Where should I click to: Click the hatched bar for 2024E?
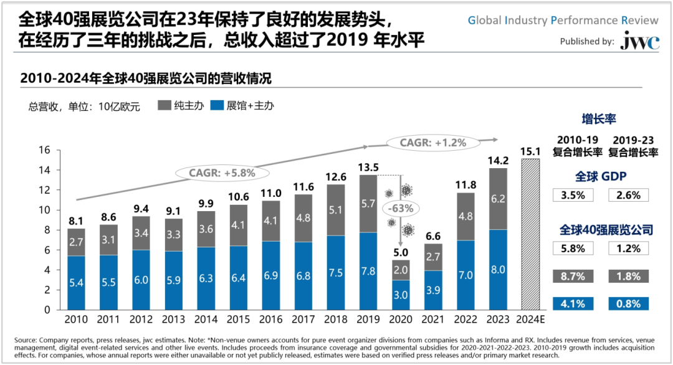pyautogui.click(x=530, y=234)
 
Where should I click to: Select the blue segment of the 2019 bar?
pyautogui.click(x=368, y=271)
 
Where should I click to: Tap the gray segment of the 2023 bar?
pyautogui.click(x=498, y=199)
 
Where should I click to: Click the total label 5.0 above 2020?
pyautogui.click(x=400, y=252)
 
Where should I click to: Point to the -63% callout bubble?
pyautogui.click(x=401, y=207)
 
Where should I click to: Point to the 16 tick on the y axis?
pyautogui.click(x=45, y=150)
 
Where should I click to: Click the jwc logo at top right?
pyautogui.click(x=639, y=42)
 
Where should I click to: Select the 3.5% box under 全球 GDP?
pyautogui.click(x=573, y=195)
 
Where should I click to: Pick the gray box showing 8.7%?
pyautogui.click(x=573, y=276)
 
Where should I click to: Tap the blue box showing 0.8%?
pyautogui.click(x=628, y=304)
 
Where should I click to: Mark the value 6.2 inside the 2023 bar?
pyautogui.click(x=498, y=200)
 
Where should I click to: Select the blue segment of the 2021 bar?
pyautogui.click(x=433, y=290)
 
